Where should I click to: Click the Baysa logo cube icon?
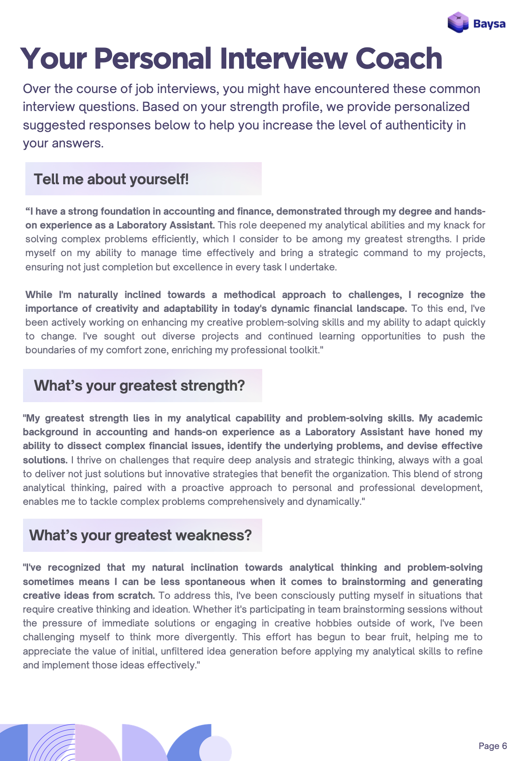(x=458, y=22)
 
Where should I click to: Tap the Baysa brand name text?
(x=489, y=23)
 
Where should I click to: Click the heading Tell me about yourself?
(x=111, y=179)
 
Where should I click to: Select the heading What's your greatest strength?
(x=139, y=386)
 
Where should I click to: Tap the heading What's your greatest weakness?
(x=141, y=535)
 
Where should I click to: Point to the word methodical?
(x=249, y=295)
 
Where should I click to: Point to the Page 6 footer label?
(x=493, y=746)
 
